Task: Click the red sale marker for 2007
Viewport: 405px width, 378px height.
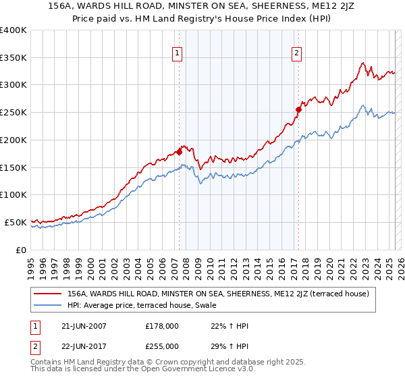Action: pyautogui.click(x=179, y=152)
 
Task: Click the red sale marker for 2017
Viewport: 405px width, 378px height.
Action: pyautogui.click(x=298, y=109)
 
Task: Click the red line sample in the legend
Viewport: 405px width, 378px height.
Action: pyautogui.click(x=47, y=294)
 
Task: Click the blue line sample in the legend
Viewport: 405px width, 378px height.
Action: pyautogui.click(x=47, y=306)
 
